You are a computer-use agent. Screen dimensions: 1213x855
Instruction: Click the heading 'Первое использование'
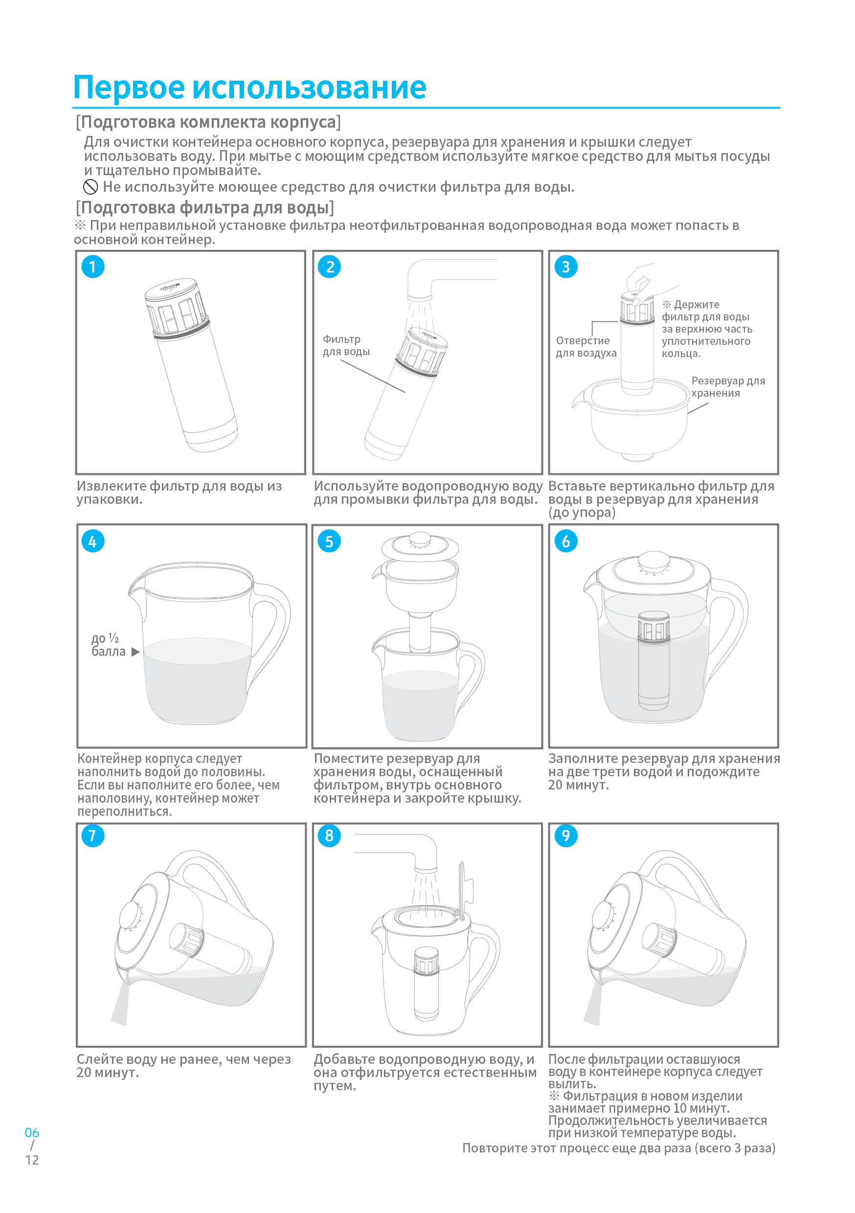pos(249,87)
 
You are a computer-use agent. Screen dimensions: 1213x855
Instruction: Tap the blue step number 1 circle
pos(92,267)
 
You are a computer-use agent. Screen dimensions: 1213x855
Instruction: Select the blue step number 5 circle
pos(329,541)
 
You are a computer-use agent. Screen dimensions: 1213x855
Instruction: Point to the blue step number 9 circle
pos(565,836)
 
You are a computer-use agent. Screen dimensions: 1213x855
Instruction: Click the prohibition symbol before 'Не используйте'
pos(90,186)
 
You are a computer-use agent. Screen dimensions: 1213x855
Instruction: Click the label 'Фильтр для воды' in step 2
pos(346,345)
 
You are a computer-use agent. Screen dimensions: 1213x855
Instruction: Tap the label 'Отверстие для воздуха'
pos(585,347)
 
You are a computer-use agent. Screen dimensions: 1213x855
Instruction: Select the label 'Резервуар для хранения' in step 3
pos(727,387)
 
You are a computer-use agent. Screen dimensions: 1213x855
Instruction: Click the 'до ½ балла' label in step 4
pos(108,645)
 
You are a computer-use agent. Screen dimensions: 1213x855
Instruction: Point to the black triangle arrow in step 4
pos(135,652)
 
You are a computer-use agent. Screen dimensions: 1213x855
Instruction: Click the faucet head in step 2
pos(420,288)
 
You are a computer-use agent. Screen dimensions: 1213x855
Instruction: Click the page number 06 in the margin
pos(32,1133)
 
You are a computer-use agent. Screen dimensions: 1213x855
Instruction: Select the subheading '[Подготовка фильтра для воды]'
pos(204,207)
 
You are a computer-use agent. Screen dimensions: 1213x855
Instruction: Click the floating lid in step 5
pos(420,547)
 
